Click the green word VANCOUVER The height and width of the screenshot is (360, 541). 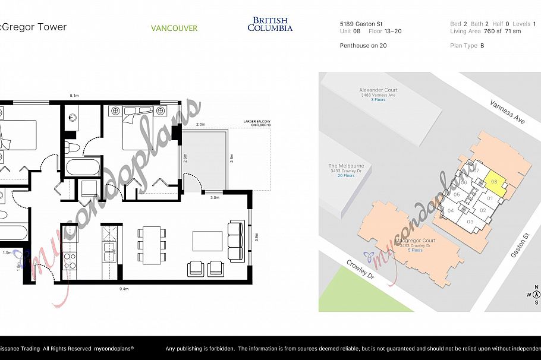point(174,28)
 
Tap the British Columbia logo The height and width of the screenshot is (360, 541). point(270,24)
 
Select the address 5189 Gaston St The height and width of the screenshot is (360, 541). point(361,24)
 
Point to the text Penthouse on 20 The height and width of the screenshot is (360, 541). point(363,45)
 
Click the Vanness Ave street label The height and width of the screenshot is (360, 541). point(507,111)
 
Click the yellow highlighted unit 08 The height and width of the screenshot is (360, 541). point(495,184)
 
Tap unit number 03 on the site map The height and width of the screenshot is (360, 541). point(470,222)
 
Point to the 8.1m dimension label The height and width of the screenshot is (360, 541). point(74,96)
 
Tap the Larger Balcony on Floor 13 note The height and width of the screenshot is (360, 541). point(257,123)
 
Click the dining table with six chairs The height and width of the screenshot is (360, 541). point(150,244)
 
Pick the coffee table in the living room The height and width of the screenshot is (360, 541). point(207,241)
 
